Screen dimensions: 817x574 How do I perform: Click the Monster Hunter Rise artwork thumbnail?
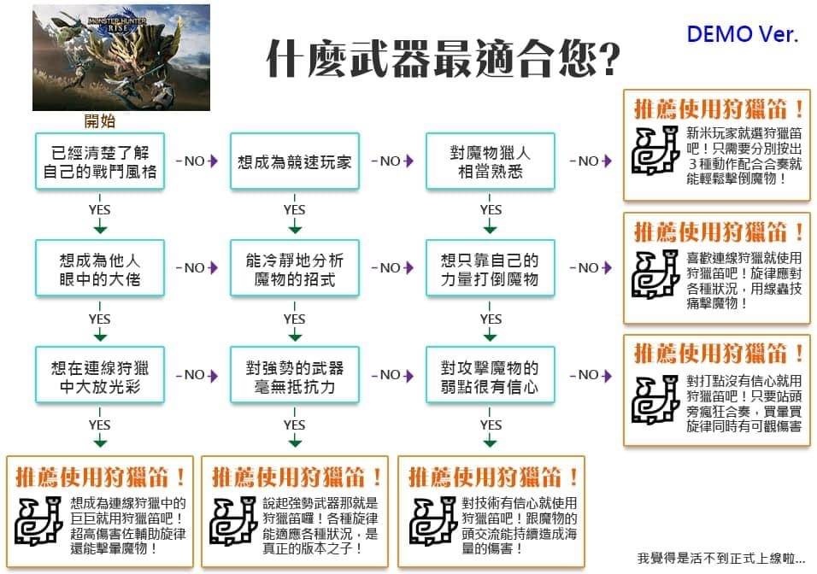point(120,57)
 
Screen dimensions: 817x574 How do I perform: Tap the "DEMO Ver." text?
point(743,34)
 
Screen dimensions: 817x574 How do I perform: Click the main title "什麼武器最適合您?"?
point(443,59)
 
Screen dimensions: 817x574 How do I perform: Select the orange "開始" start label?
point(99,121)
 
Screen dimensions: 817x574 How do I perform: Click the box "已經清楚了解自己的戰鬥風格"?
point(99,161)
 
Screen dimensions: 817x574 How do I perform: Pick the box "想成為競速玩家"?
point(294,161)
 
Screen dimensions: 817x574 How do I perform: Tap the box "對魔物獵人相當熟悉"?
point(490,161)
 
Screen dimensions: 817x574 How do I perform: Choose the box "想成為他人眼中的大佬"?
point(99,268)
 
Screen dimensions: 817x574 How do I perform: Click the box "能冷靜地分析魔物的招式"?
point(294,268)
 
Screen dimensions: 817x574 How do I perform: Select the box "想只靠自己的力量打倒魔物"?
point(490,268)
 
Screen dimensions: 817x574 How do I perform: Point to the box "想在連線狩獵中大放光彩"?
point(99,376)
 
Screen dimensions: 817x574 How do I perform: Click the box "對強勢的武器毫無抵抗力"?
point(294,376)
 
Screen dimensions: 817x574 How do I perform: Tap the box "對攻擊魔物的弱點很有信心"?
point(490,376)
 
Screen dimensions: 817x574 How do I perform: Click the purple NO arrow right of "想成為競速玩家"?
point(392,161)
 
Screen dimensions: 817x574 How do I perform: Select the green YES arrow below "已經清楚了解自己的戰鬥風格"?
point(99,214)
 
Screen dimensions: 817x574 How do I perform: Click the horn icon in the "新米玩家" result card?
point(655,150)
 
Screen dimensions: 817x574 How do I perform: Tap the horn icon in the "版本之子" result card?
point(233,521)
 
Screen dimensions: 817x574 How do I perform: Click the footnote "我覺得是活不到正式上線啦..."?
point(720,559)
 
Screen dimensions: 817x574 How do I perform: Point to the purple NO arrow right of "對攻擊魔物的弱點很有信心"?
point(591,375)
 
